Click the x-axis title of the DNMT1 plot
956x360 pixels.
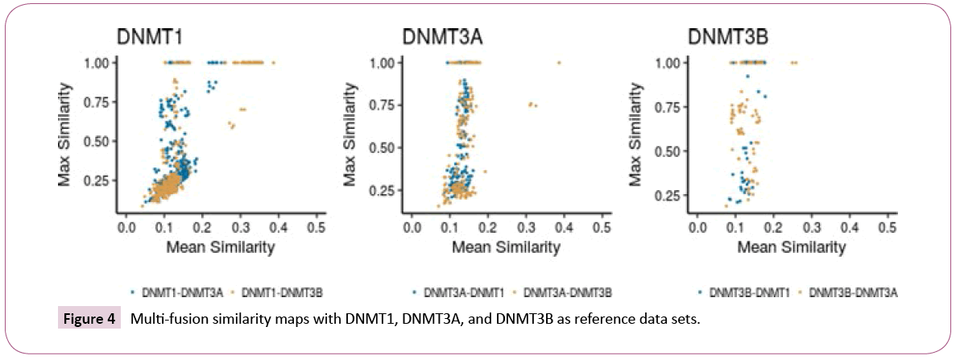pos(220,247)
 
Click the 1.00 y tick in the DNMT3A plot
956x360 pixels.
pos(387,62)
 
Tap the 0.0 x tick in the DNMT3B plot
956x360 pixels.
pos(697,228)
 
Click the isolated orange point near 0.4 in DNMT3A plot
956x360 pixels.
pos(559,62)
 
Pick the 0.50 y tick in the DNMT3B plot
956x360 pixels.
pos(673,151)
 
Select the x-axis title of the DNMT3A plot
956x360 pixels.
pos(507,247)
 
